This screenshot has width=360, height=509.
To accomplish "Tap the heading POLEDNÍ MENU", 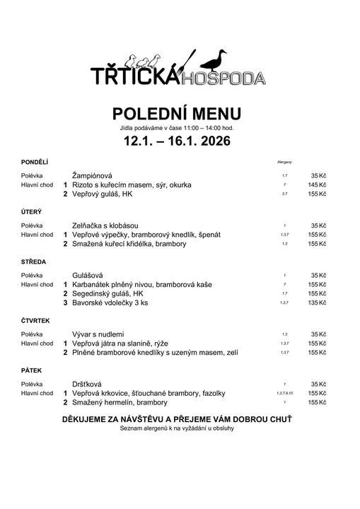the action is pos(177,114).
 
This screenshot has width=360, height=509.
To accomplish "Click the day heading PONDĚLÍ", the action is pos(35,162).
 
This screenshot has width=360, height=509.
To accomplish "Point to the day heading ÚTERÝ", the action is pos(31,211).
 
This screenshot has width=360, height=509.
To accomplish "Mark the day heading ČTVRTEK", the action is pos(36,320).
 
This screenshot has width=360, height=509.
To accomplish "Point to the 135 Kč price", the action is pos(317,303).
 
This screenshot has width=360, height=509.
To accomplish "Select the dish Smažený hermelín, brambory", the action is pos(120,402).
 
